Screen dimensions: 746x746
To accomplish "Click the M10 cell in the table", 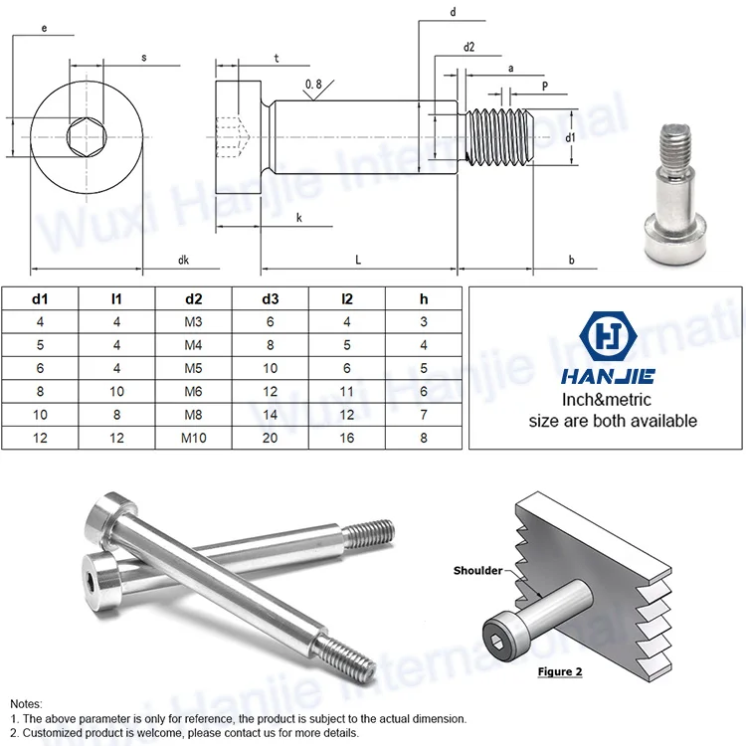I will pyautogui.click(x=193, y=438).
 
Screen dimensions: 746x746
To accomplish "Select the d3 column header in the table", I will pyautogui.click(x=271, y=298).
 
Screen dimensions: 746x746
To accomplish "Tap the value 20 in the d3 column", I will pyautogui.click(x=271, y=438).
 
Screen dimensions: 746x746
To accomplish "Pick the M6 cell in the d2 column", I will pyautogui.click(x=193, y=392).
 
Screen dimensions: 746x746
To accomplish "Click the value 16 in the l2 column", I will pyautogui.click(x=347, y=438).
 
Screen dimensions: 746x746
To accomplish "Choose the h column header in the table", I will pyautogui.click(x=424, y=298).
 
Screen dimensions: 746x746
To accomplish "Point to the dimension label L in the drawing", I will pyautogui.click(x=358, y=260).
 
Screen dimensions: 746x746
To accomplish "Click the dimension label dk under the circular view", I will pyautogui.click(x=184, y=260).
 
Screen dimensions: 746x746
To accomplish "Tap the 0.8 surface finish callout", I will pyautogui.click(x=313, y=86).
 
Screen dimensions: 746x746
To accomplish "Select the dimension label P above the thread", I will pyautogui.click(x=545, y=87).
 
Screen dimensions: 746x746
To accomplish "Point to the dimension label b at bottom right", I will pyautogui.click(x=571, y=260).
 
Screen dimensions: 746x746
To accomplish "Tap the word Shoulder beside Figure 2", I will pyautogui.click(x=477, y=570).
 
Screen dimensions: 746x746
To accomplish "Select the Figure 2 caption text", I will pyautogui.click(x=560, y=671).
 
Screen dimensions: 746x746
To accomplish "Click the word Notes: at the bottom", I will pyautogui.click(x=27, y=702).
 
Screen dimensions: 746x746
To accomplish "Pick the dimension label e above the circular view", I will pyautogui.click(x=45, y=29).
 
